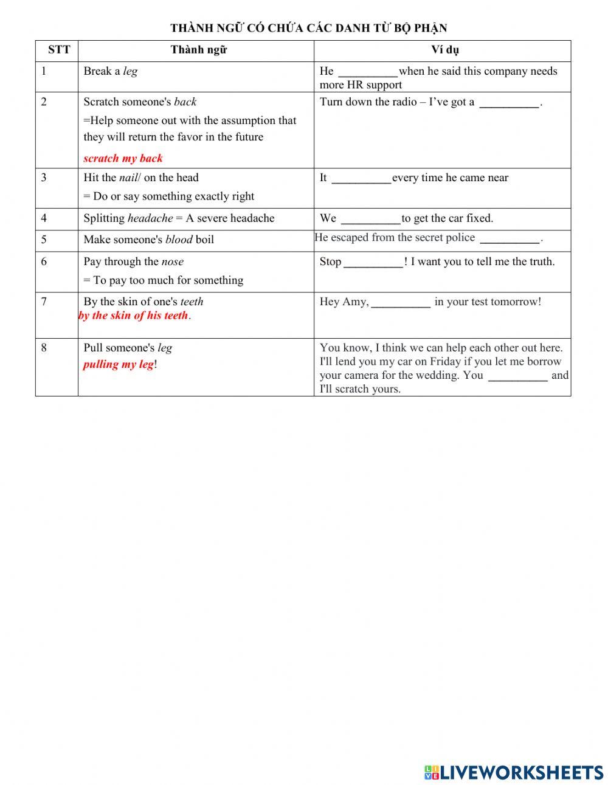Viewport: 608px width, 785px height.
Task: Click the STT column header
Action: [58, 50]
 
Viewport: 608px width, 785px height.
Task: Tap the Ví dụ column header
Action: [444, 50]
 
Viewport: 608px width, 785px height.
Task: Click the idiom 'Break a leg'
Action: [110, 71]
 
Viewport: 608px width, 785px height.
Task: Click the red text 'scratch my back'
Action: [123, 159]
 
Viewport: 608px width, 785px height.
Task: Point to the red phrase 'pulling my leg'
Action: [119, 364]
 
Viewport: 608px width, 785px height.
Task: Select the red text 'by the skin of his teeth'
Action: [133, 316]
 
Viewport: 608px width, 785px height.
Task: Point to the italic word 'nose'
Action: [172, 262]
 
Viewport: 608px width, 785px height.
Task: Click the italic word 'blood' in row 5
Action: [179, 240]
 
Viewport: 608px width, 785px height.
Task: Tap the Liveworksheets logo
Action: [513, 772]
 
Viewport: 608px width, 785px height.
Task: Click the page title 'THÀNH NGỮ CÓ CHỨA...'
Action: [308, 28]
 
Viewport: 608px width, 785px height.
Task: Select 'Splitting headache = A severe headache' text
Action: [179, 218]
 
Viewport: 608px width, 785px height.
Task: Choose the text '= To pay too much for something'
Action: [163, 280]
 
